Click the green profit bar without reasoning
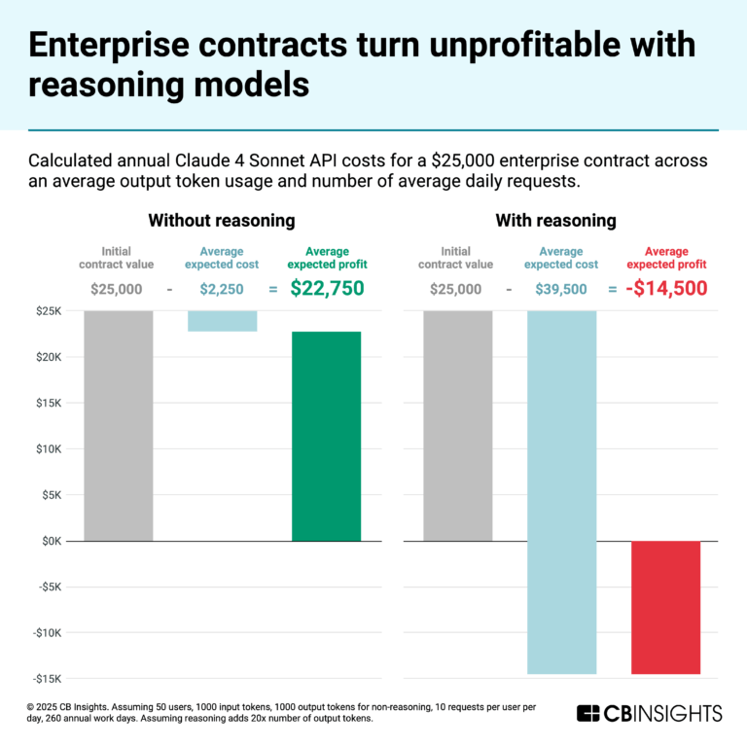(x=326, y=436)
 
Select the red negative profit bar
(x=665, y=607)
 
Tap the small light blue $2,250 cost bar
(x=223, y=321)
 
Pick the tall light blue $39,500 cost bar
(x=561, y=491)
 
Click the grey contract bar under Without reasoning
(x=119, y=425)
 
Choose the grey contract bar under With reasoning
(x=458, y=425)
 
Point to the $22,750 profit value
(x=327, y=288)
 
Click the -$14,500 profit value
(x=666, y=288)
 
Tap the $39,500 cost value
(x=561, y=289)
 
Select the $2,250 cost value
(x=223, y=289)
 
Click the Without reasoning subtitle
(x=221, y=221)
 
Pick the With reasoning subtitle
(x=555, y=221)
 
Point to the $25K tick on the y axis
(x=47, y=311)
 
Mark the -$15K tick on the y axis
(x=46, y=679)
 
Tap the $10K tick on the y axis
(x=47, y=449)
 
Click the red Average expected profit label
(x=666, y=258)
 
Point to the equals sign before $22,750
(x=273, y=289)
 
